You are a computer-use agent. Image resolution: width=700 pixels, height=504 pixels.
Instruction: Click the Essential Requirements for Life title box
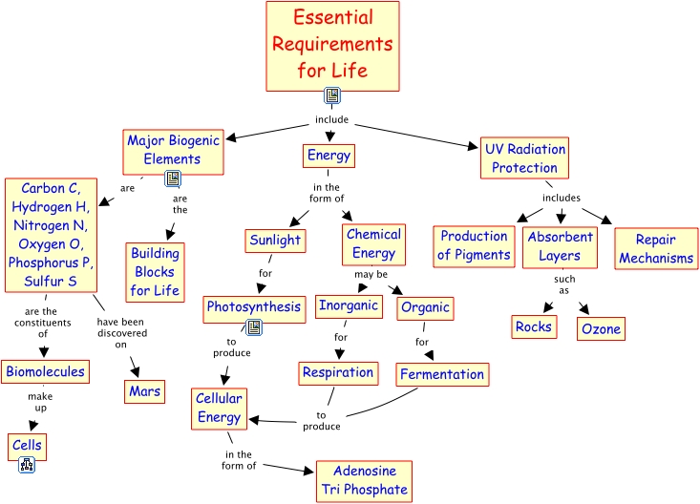[x=331, y=45]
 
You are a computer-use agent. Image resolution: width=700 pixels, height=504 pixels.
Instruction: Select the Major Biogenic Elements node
[x=173, y=149]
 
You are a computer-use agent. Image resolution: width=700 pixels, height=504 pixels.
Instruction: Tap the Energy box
[x=329, y=155]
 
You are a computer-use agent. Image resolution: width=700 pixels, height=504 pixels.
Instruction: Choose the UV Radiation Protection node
[x=524, y=157]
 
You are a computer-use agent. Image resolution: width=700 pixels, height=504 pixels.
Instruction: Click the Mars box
[x=144, y=390]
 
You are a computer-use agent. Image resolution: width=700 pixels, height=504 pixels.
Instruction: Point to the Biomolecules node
[x=45, y=371]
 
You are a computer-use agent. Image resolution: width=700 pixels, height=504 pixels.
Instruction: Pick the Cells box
[x=27, y=446]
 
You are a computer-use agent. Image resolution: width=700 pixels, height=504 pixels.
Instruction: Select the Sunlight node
[x=275, y=241]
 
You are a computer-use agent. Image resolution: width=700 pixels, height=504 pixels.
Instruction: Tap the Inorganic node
[x=349, y=306]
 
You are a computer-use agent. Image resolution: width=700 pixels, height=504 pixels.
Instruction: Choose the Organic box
[x=425, y=308]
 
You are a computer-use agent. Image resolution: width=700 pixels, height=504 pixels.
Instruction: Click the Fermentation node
[x=442, y=374]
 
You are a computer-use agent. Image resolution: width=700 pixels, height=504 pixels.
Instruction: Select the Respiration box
[x=338, y=372]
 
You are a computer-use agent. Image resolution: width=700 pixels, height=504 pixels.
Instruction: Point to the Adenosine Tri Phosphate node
[x=363, y=480]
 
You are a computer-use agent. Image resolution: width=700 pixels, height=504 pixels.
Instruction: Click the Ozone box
[x=601, y=329]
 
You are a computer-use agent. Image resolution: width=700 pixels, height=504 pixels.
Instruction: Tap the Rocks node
[x=534, y=326]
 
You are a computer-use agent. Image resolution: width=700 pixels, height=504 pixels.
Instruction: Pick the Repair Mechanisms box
[x=655, y=248]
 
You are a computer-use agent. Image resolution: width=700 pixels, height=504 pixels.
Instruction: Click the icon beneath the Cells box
[x=27, y=466]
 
